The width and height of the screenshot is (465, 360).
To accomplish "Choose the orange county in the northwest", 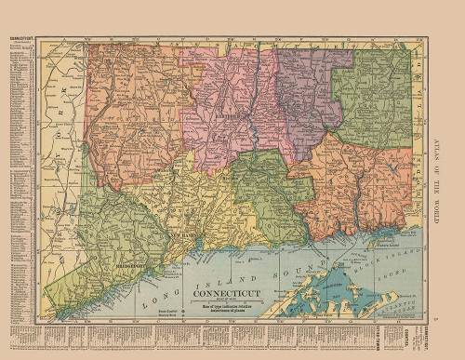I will [x=130, y=112].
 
